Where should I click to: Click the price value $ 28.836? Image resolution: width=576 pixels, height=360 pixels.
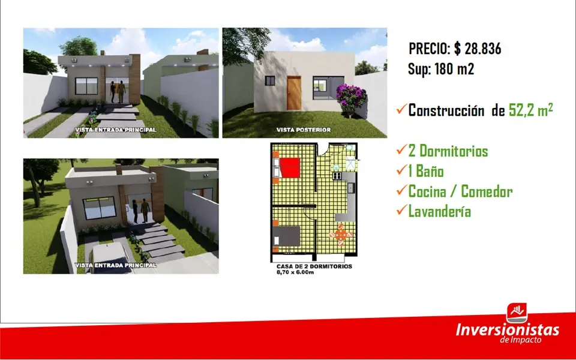click(478, 49)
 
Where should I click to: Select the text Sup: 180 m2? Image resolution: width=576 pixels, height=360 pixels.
click(441, 68)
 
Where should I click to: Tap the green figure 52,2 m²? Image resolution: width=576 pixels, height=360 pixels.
click(531, 110)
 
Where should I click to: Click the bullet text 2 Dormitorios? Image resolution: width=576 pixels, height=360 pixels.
click(448, 151)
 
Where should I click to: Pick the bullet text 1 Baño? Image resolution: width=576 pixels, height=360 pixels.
click(426, 171)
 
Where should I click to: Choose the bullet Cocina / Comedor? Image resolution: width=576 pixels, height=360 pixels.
click(460, 191)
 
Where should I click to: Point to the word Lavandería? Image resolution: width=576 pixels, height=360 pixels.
click(440, 212)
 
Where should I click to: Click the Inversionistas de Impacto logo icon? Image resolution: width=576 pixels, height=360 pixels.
click(517, 313)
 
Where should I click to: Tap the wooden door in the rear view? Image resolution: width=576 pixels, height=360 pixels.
click(294, 93)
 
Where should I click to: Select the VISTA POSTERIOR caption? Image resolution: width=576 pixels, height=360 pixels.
click(304, 130)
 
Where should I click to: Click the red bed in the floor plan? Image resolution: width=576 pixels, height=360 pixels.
click(290, 167)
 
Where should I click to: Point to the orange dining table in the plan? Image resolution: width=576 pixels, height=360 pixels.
click(341, 235)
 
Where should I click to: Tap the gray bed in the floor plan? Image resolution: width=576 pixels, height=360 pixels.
click(287, 235)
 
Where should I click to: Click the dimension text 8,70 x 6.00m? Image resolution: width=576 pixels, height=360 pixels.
click(295, 272)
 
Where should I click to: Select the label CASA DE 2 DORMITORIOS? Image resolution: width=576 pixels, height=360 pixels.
click(314, 266)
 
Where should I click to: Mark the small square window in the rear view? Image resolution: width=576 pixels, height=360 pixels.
click(270, 81)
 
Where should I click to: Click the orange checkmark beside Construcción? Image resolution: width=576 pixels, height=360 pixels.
click(402, 109)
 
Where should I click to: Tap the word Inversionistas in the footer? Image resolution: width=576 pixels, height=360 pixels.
click(508, 329)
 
